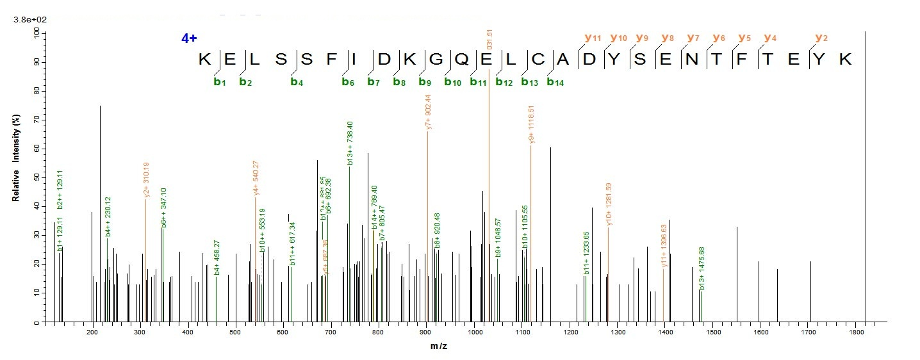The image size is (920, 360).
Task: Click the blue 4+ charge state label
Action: pos(189,38)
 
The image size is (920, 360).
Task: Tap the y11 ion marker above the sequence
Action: pos(593,38)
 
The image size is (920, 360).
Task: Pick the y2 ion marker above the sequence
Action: pos(821,38)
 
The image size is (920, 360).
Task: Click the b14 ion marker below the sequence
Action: pos(554,82)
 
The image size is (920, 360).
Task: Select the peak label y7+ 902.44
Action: pos(428,113)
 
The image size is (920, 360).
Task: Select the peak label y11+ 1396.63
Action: pos(664,245)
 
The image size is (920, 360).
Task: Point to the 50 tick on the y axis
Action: pos(36,177)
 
